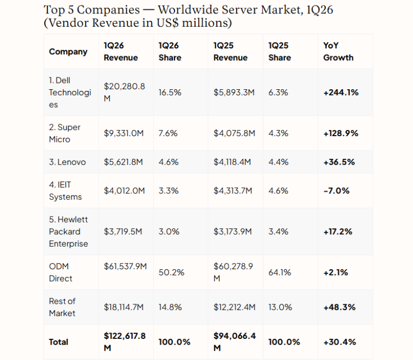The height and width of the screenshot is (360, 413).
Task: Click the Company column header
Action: click(x=68, y=52)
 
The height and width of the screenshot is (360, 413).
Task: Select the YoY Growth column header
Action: click(x=338, y=52)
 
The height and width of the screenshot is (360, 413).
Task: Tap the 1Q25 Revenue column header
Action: click(x=230, y=52)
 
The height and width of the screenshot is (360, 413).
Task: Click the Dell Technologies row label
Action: click(x=70, y=92)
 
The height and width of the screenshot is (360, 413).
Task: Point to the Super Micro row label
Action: click(x=65, y=133)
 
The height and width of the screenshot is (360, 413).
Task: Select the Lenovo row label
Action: click(x=67, y=162)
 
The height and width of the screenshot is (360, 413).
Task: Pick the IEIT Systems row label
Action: click(x=66, y=191)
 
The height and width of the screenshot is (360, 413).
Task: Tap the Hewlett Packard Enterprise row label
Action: click(x=69, y=232)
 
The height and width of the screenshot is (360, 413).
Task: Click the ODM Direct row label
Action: click(x=60, y=272)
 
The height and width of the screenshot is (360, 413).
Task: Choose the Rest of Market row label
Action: click(x=62, y=307)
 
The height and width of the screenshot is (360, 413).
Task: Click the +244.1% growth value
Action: click(x=341, y=93)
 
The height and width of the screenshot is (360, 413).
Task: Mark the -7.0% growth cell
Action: click(x=337, y=191)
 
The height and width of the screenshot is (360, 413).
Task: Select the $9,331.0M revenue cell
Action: click(x=123, y=134)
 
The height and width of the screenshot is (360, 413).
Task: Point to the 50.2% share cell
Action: click(x=171, y=272)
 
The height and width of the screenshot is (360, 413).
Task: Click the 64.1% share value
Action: click(x=279, y=272)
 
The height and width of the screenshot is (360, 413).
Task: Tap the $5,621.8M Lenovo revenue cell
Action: click(x=123, y=162)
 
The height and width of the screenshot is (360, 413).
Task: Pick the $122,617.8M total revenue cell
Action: click(x=124, y=342)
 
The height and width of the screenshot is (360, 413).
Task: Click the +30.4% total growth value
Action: click(x=340, y=342)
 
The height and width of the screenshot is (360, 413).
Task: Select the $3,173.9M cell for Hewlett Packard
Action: click(x=233, y=232)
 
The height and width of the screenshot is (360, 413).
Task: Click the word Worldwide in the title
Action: click(x=188, y=10)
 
